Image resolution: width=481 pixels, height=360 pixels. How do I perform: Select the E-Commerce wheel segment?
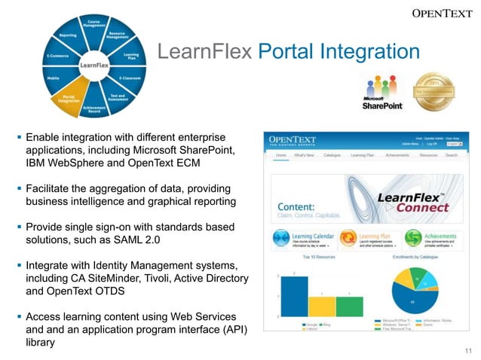click(x=58, y=56)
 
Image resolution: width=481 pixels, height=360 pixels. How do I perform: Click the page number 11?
click(x=467, y=350)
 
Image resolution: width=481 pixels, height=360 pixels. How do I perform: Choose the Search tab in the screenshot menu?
click(x=452, y=154)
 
